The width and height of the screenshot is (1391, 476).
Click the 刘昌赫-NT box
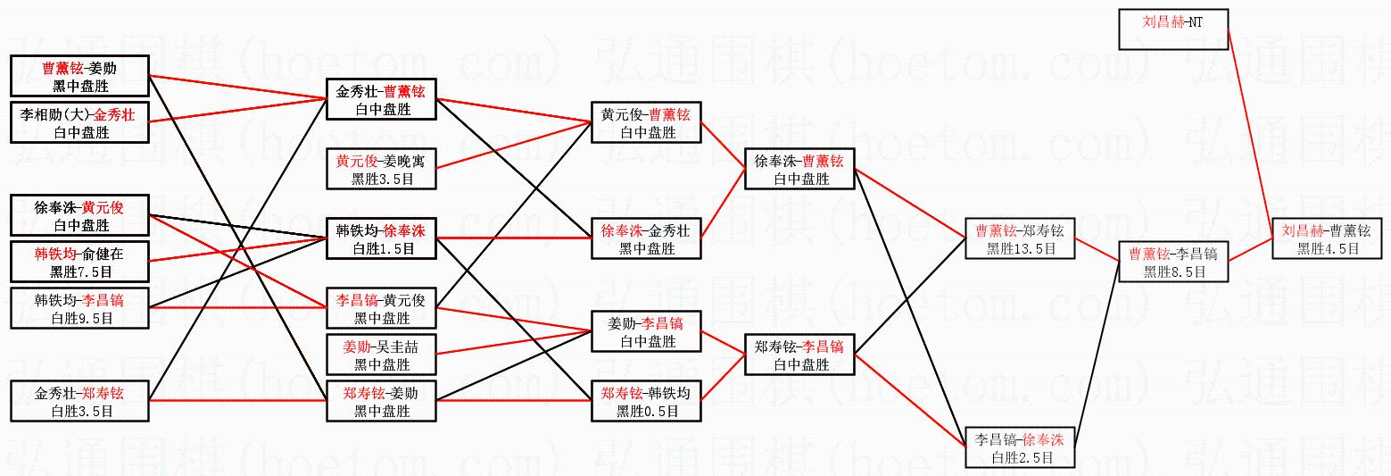[x=1172, y=29]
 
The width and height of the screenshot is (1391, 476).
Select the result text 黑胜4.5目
[x=1327, y=249]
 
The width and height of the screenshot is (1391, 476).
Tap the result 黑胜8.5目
[x=1172, y=271]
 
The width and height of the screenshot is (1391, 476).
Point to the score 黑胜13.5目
[x=1021, y=249]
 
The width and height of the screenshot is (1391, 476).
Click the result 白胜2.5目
[x=1021, y=457]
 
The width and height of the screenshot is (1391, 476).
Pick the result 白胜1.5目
[x=381, y=249]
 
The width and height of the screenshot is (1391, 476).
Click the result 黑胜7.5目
[x=80, y=271]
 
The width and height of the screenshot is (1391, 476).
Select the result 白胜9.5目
[x=80, y=318]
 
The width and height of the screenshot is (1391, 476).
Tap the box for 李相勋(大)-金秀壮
[x=80, y=123]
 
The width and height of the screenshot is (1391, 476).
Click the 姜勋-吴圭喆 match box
[x=381, y=355]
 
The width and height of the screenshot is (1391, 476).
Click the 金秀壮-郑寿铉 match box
[x=80, y=401]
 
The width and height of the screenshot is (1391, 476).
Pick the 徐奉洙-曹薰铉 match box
[x=799, y=169]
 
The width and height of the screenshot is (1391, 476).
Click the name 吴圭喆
[x=398, y=346]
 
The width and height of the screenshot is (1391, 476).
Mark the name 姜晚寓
[x=403, y=161]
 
